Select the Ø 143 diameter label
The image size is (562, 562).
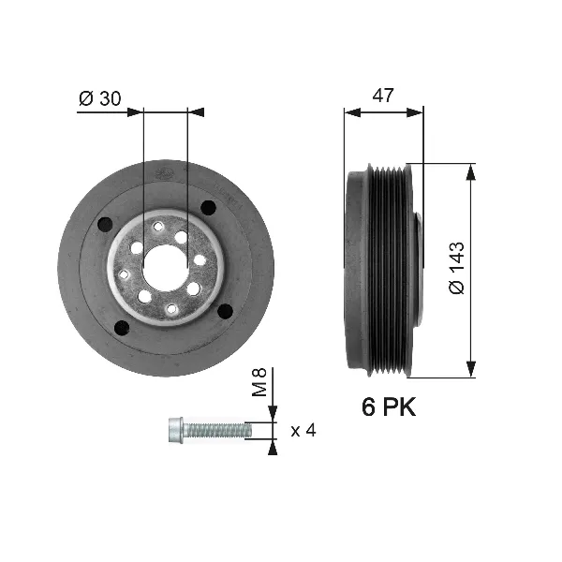point(455,272)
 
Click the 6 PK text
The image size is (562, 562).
point(388,408)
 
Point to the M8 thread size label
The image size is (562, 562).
point(261,382)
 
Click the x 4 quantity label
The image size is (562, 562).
point(303,431)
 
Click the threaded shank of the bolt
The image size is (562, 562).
point(218,430)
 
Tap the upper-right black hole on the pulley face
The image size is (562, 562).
point(209,208)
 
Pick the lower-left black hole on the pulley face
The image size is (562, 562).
point(120,327)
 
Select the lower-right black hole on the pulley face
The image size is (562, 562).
point(224,313)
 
